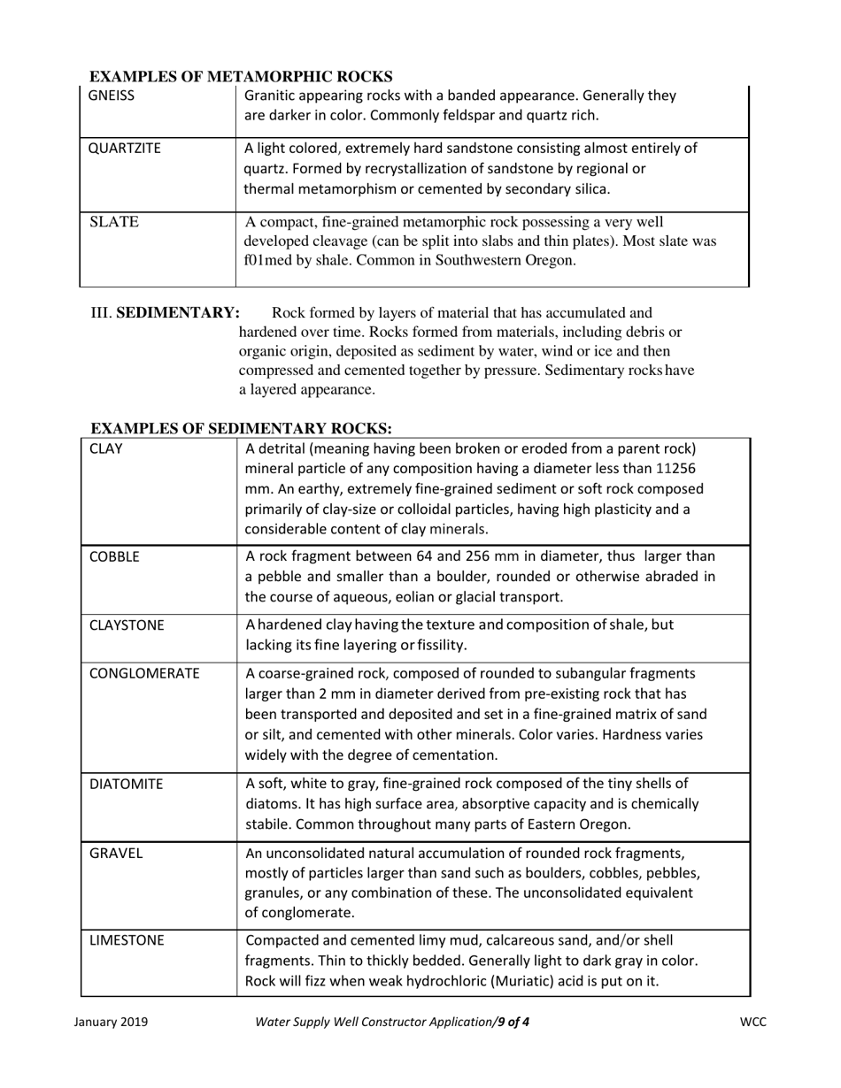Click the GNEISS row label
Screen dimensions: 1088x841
[x=112, y=96]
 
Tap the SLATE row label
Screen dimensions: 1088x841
[x=114, y=223]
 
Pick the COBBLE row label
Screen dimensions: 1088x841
[x=115, y=557]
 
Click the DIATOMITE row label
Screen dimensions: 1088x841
[x=126, y=784]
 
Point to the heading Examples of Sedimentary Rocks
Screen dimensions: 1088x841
[x=241, y=428]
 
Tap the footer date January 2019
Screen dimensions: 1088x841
[x=111, y=1023]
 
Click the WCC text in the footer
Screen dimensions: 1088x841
[x=752, y=1023]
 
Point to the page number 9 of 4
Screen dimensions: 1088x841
[x=513, y=1023]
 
